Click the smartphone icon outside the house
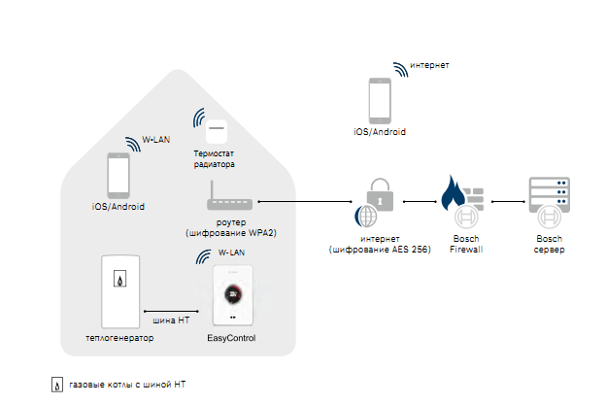tap(379, 100)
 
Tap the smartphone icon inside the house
tap(118, 176)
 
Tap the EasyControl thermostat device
tap(232, 296)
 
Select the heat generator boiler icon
tap(120, 290)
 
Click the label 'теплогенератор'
tap(119, 337)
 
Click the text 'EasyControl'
tap(231, 337)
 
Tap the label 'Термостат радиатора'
tap(215, 159)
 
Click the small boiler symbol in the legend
tap(57, 385)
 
